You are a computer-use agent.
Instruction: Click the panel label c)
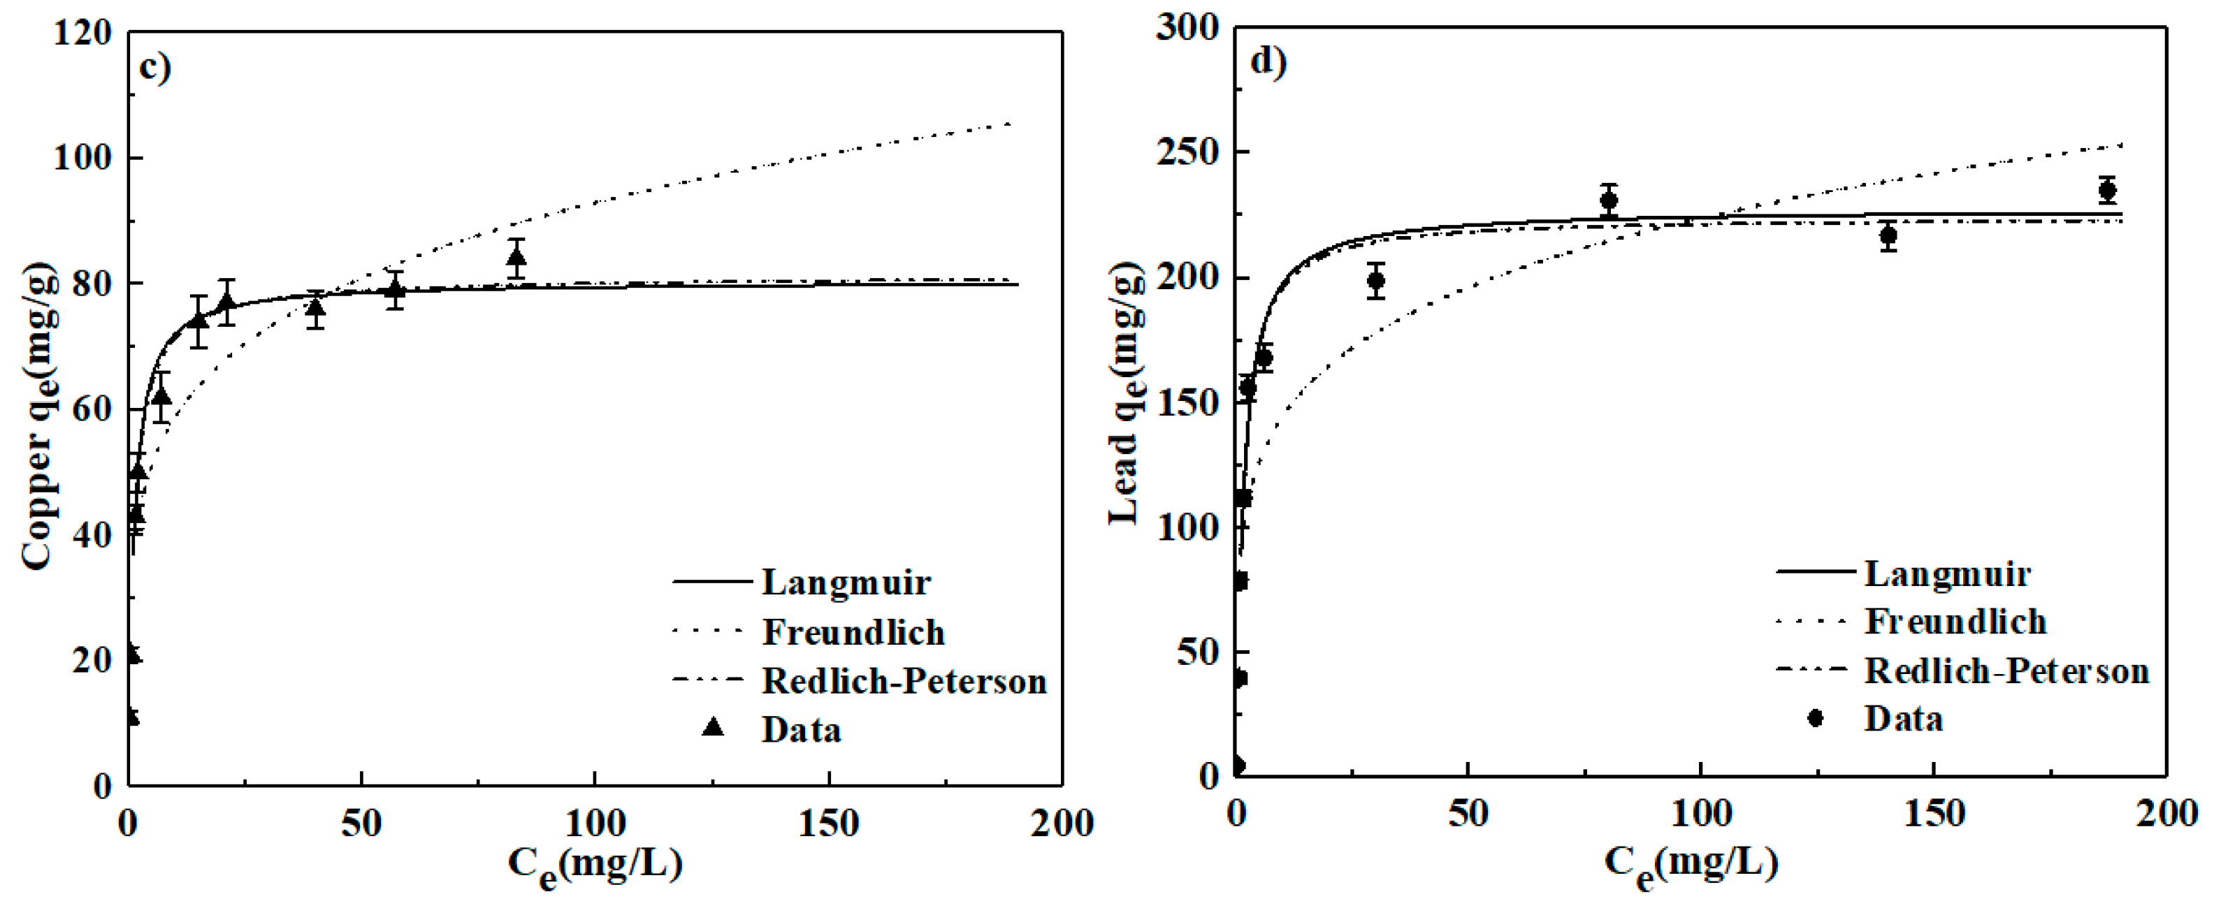[x=154, y=67]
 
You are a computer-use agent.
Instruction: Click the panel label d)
[x=1268, y=62]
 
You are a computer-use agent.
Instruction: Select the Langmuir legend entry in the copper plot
[x=846, y=583]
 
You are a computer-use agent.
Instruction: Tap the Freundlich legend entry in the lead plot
[x=1955, y=621]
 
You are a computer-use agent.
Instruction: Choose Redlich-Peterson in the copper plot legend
[x=904, y=680]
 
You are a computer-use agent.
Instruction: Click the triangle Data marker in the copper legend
[x=713, y=728]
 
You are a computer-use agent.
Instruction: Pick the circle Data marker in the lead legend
[x=1815, y=717]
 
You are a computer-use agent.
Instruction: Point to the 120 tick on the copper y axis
[x=82, y=33]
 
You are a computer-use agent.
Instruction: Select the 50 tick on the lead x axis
[x=1467, y=814]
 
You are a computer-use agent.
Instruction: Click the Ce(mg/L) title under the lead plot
[x=1691, y=863]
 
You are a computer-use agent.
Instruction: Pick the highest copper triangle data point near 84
[x=516, y=257]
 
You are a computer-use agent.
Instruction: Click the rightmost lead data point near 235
[x=2106, y=190]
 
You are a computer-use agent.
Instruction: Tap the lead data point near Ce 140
[x=1888, y=235]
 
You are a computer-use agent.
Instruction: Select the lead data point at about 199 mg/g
[x=1375, y=280]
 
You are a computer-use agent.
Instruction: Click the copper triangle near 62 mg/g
[x=161, y=396]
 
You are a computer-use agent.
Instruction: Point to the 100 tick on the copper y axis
[x=82, y=158]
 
